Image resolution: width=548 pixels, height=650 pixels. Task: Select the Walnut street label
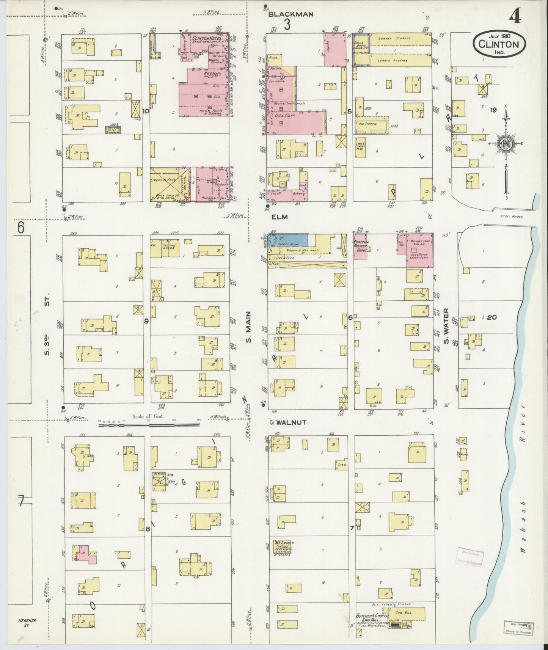coord(291,422)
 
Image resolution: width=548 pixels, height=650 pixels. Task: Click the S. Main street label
coord(249,327)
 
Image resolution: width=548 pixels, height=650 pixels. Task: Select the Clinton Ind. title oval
coord(499,44)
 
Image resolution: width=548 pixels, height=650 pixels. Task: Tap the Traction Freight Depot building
coord(360,246)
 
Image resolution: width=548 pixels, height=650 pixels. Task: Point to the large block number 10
coord(146,111)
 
